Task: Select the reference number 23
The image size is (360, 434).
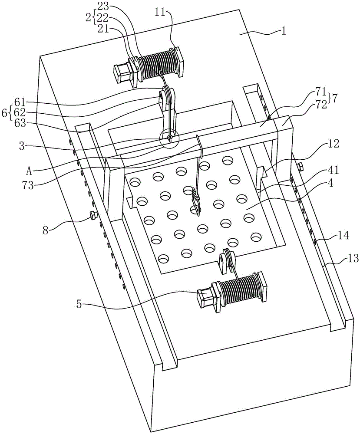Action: (102, 6)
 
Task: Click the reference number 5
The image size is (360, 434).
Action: (79, 305)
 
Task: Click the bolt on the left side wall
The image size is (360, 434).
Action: (93, 215)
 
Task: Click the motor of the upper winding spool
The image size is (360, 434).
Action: (122, 72)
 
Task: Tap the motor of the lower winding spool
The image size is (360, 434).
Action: (205, 298)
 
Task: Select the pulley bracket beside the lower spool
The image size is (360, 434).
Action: (227, 261)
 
